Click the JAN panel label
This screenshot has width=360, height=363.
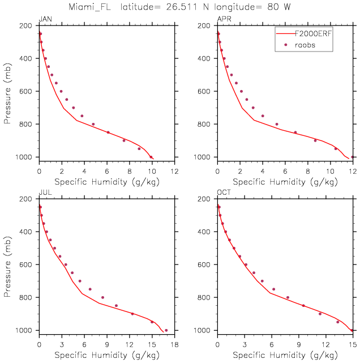pyautogui.click(x=45, y=20)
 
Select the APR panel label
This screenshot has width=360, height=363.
pyautogui.click(x=224, y=20)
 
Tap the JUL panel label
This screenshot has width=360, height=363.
pyautogui.click(x=44, y=193)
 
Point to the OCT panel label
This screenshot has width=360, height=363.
pyautogui.click(x=224, y=193)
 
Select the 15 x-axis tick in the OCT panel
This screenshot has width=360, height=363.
pyautogui.click(x=352, y=344)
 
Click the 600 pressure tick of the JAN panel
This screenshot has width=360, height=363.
pyautogui.click(x=25, y=91)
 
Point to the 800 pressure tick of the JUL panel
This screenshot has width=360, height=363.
pyautogui.click(x=25, y=297)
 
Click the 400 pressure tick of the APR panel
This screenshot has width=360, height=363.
pyautogui.click(x=204, y=58)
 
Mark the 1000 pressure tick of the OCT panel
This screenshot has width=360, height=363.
pyautogui.click(x=203, y=330)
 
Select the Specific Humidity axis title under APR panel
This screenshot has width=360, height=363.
pyautogui.click(x=285, y=182)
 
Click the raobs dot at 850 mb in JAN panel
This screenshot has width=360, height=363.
pyautogui.click(x=108, y=133)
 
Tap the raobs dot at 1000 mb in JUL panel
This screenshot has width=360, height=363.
pyautogui.click(x=166, y=330)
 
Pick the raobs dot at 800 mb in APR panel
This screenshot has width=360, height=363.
pyautogui.click(x=277, y=124)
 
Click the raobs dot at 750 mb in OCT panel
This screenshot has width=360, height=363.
pyautogui.click(x=273, y=289)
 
